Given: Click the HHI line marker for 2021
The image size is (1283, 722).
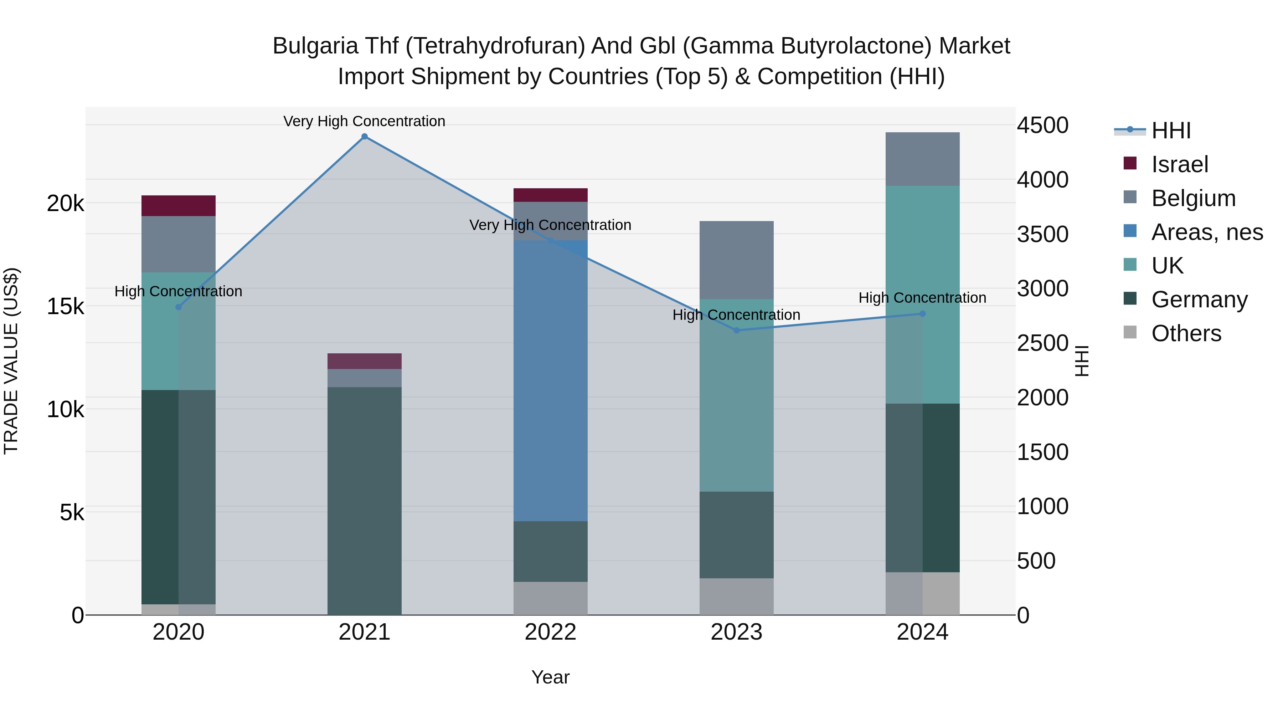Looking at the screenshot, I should point(365,137).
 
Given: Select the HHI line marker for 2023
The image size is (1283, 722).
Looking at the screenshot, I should point(737,331).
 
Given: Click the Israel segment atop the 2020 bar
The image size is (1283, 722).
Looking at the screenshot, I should point(178,206).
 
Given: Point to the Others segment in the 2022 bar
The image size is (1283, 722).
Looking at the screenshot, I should point(550,598).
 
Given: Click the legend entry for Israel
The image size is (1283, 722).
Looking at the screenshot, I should point(1179,164).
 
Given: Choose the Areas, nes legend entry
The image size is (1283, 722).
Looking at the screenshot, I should point(1206,232).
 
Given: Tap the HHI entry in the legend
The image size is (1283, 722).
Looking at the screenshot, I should point(1170,130).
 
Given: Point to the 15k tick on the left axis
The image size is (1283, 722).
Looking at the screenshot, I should point(65,306).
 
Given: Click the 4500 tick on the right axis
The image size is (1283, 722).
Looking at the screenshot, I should point(1042,125).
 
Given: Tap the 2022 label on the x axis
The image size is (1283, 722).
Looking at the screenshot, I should point(550,632).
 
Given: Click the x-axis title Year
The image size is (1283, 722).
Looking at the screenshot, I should point(550,677).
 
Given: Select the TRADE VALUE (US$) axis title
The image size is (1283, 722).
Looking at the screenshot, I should point(11,361).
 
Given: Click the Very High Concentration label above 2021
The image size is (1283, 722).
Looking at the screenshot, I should point(364,121).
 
